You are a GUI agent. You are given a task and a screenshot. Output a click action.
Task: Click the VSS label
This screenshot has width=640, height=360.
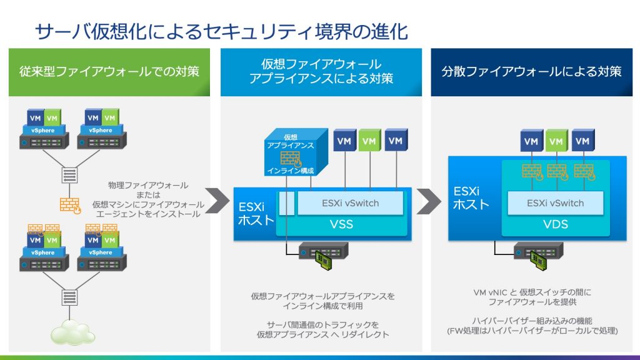341,224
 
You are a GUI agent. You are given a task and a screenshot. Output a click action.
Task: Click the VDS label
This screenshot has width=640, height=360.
555,224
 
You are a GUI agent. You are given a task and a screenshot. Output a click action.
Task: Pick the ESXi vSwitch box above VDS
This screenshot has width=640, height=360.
555,202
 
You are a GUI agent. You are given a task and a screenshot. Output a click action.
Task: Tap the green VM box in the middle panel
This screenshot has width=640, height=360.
369,141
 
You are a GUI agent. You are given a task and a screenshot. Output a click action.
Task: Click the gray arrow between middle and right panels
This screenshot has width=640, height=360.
429,201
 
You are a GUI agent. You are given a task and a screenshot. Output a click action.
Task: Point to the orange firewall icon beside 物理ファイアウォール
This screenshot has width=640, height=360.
71,206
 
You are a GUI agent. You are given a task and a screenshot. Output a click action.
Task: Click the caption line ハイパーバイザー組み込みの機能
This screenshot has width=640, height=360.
536,321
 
